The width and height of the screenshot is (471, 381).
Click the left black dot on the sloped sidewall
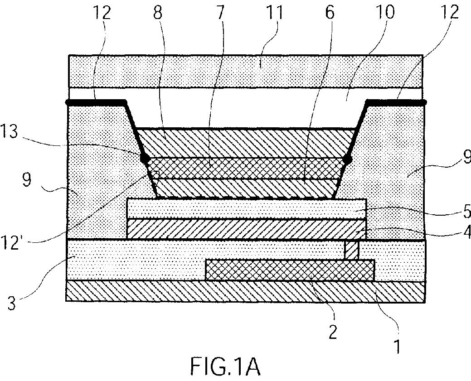[145, 158]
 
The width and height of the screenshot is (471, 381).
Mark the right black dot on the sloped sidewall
[348, 159]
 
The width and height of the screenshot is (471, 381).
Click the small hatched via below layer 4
[352, 250]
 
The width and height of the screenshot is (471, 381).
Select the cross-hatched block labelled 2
[290, 270]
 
